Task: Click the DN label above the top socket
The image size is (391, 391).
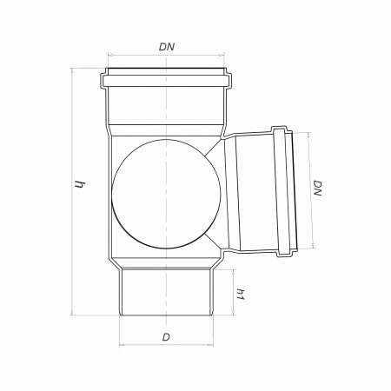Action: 167,47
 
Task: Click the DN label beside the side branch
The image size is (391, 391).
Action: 318,189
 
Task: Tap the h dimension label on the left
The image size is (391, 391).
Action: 79,184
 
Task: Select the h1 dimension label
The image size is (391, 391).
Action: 241,295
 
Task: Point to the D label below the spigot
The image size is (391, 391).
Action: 166,337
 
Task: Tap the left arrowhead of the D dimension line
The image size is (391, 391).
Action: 122,345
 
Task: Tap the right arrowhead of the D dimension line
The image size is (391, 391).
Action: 211,345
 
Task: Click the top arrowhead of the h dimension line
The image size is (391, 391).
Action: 71,70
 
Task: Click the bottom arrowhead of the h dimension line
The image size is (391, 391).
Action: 71,313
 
